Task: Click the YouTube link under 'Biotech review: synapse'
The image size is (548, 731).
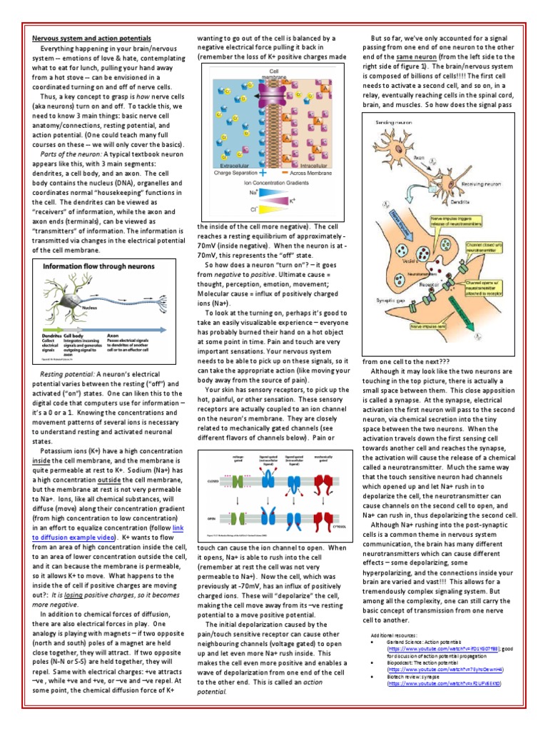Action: click(x=443, y=683)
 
